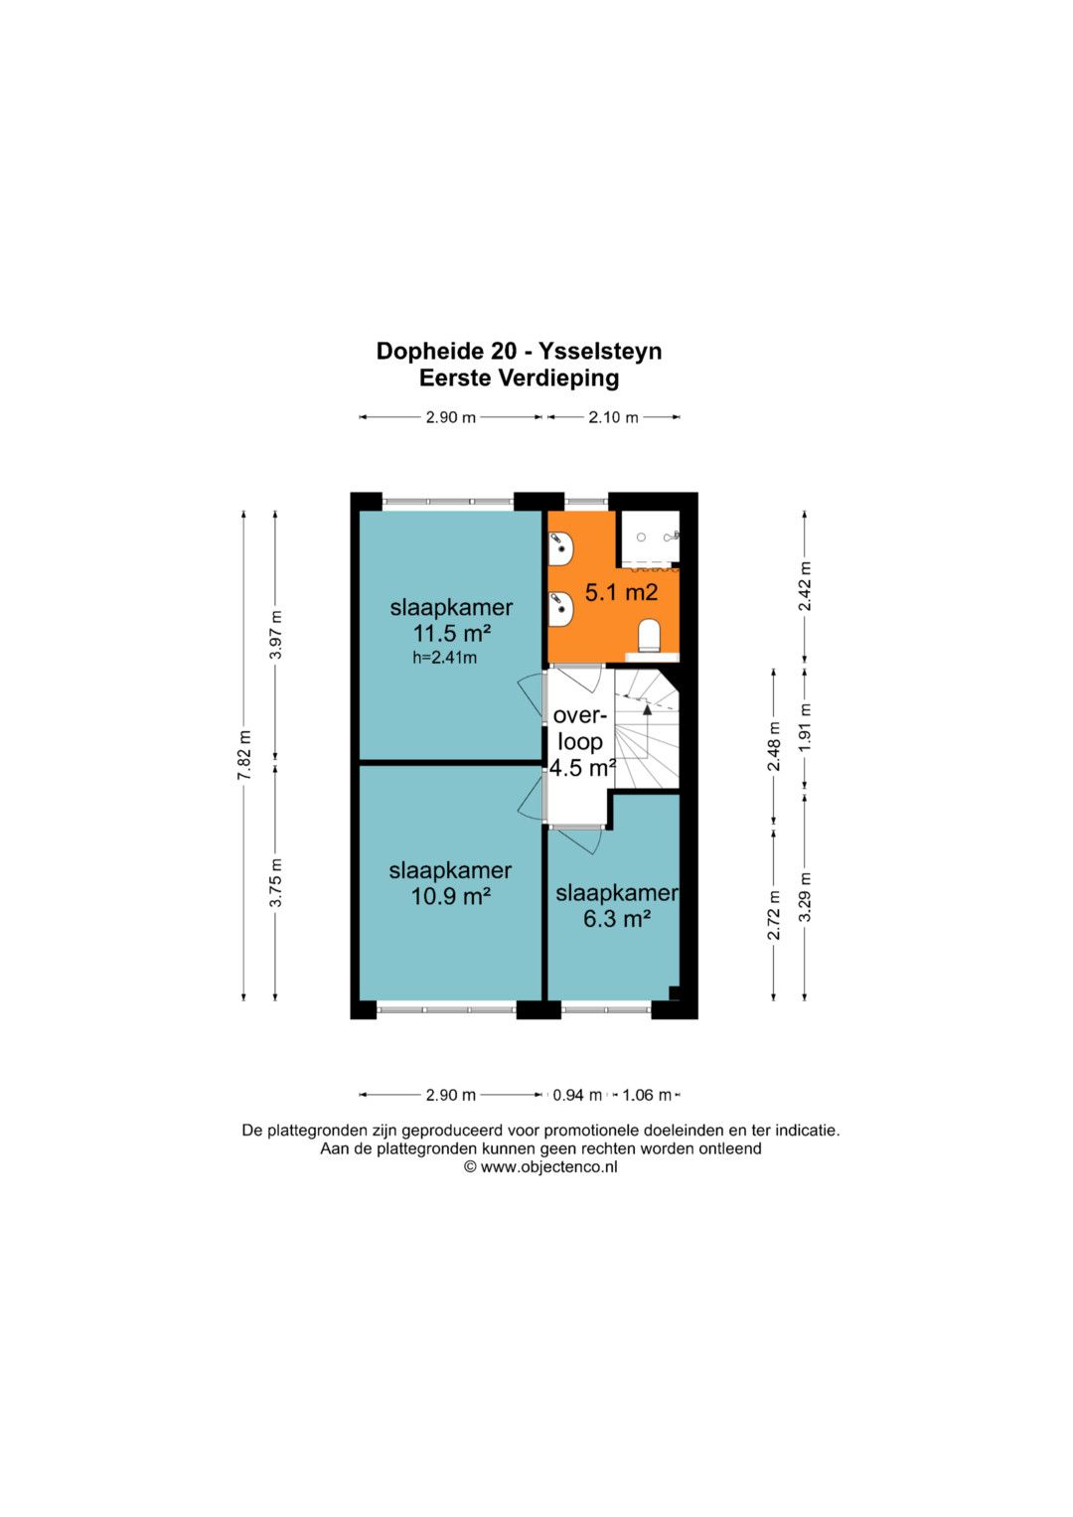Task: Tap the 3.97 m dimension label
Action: tap(275, 635)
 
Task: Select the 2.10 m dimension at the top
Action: tap(613, 417)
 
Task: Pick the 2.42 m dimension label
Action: tap(805, 586)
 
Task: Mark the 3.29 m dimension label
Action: tap(805, 897)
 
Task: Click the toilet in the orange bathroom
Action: tap(649, 635)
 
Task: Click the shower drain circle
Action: tap(641, 537)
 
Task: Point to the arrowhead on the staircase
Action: tap(647, 709)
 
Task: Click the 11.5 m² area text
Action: tap(452, 634)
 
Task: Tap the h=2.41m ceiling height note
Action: tap(444, 657)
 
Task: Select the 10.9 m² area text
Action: tap(450, 897)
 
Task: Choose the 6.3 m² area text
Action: tap(616, 919)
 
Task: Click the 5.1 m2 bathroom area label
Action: tap(621, 592)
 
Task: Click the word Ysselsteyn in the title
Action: tap(599, 352)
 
